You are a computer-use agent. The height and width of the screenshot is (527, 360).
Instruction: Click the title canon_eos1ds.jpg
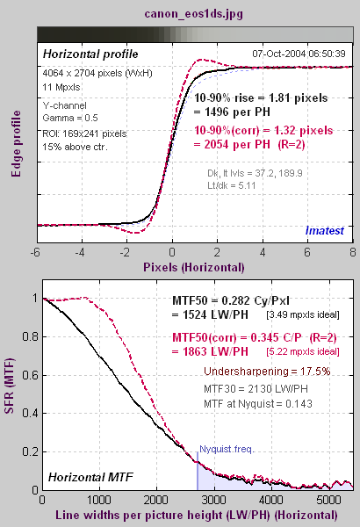coord(194,14)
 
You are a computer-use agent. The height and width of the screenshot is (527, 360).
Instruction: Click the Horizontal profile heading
coord(90,54)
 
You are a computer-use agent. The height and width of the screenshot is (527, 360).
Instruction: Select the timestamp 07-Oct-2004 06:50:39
coord(299,54)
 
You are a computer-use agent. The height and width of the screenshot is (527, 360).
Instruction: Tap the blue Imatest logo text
coord(324,230)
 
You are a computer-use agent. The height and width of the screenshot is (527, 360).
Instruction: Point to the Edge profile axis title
coord(16,143)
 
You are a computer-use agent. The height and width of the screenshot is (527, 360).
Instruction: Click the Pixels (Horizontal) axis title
coord(194,268)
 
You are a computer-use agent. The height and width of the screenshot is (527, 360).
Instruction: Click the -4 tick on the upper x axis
coord(80,252)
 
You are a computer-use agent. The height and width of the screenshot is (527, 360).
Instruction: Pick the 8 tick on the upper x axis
coord(352,252)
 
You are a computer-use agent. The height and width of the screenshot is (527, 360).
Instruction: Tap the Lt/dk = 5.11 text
coord(231,185)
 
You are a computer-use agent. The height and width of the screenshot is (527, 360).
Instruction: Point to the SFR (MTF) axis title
coord(9,386)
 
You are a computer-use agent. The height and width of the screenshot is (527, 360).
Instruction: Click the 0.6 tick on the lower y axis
coord(30,375)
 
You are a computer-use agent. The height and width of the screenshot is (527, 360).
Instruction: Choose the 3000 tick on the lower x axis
coord(214,500)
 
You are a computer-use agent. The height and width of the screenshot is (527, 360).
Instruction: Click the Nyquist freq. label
coord(227,449)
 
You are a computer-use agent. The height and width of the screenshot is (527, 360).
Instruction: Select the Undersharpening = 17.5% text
coord(267,372)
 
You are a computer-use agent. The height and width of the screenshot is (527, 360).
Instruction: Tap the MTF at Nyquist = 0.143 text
coord(258,403)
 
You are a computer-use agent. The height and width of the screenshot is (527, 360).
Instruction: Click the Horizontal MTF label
coord(90,477)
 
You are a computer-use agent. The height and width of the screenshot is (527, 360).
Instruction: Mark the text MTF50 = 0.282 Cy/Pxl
coord(231,300)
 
